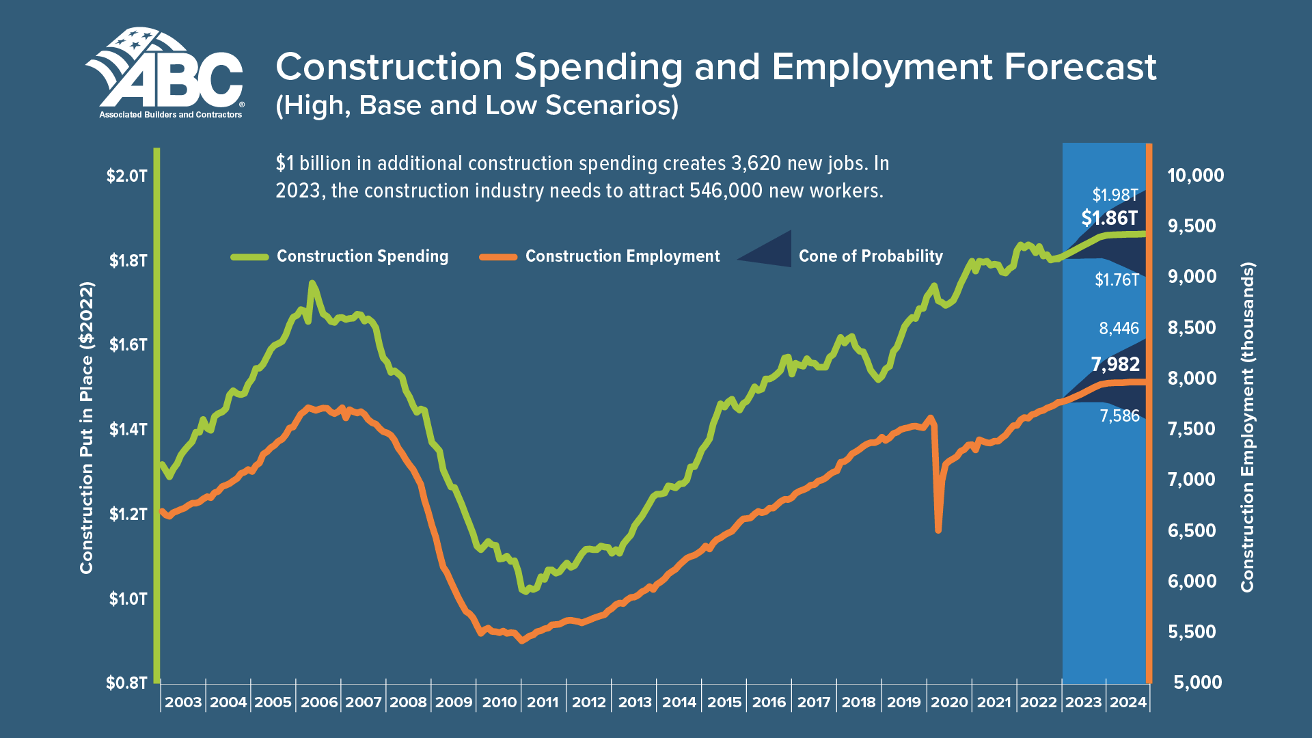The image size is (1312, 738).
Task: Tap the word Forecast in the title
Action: tap(1080, 68)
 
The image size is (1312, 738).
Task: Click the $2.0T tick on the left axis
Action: tap(127, 176)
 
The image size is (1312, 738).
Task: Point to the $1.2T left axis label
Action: tap(127, 514)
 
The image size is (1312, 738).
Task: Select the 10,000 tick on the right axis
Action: tap(1196, 176)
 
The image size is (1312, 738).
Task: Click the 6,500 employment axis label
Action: tap(1192, 531)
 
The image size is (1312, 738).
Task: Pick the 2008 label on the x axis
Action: tap(408, 702)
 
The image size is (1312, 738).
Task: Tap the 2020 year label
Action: tap(949, 702)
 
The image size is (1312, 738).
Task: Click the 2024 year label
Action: tap(1128, 702)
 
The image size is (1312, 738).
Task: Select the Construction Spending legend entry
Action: tap(362, 256)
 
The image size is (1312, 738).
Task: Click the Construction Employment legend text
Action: tap(622, 256)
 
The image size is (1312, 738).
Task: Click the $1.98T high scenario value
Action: tap(1115, 195)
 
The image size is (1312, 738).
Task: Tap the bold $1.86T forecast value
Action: tap(1110, 218)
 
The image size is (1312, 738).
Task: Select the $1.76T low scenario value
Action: tap(1117, 280)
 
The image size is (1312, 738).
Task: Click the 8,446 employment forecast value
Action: tap(1119, 329)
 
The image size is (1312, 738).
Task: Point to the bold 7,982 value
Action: tap(1115, 364)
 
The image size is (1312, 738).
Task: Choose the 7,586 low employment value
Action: tap(1119, 416)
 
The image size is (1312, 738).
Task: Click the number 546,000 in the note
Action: tap(726, 191)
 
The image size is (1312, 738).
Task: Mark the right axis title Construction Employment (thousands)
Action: tap(1248, 427)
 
